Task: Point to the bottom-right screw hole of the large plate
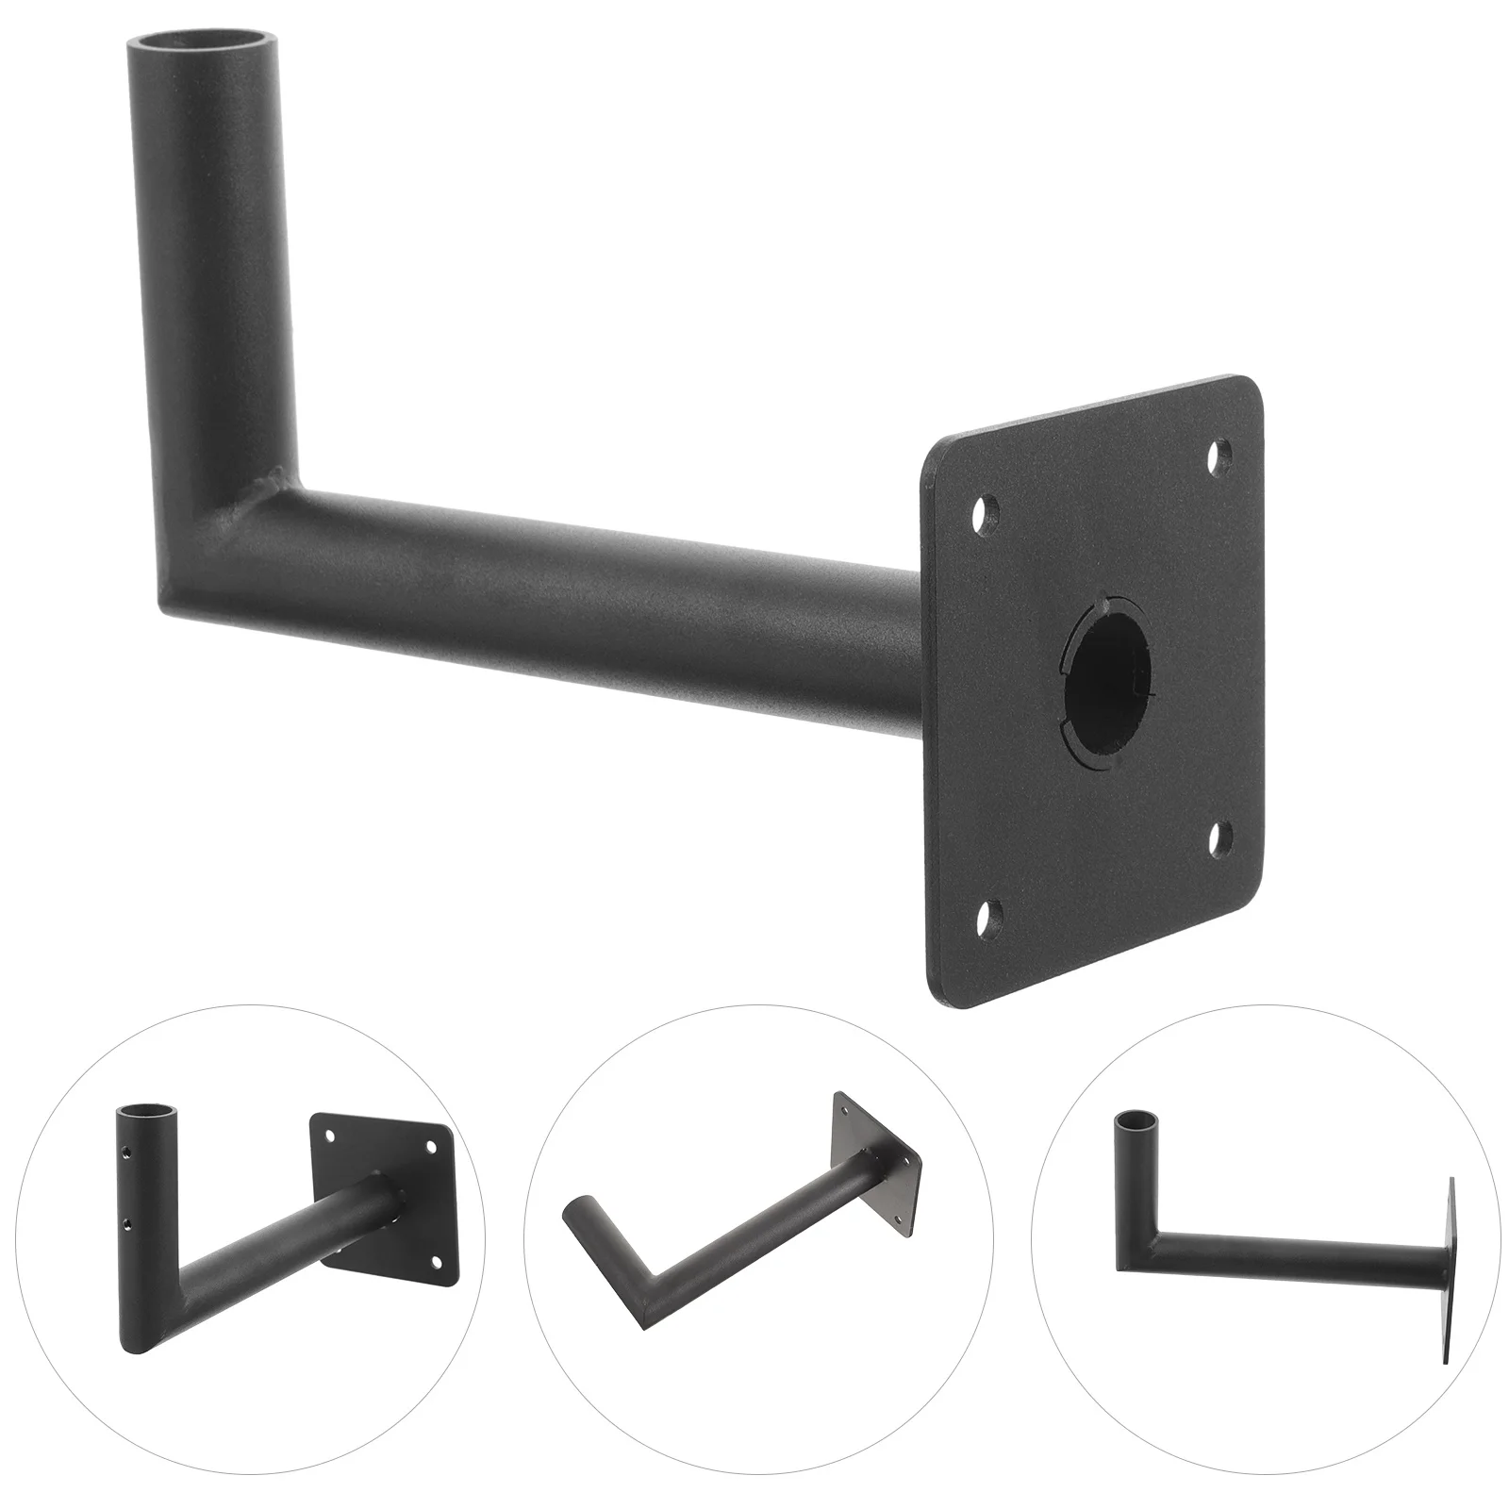pyautogui.click(x=1220, y=836)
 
